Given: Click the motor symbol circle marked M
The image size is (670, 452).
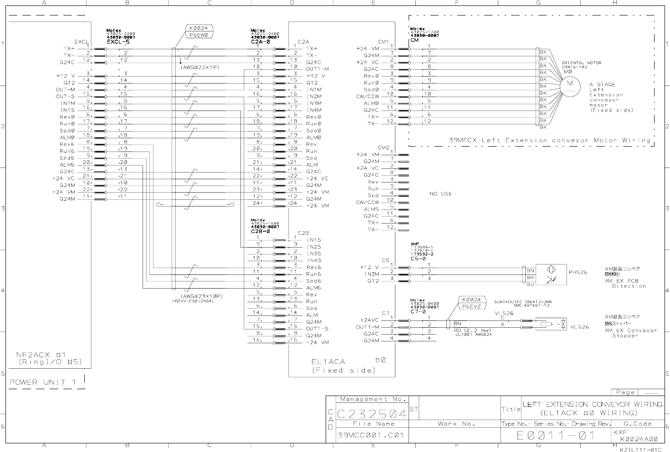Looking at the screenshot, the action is [569, 84].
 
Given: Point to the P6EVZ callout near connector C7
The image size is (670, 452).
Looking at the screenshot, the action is [471, 307].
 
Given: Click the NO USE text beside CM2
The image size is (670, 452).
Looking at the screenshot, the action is [440, 194].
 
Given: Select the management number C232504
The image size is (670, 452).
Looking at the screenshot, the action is [372, 414].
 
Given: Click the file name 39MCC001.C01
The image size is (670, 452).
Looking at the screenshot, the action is [371, 435].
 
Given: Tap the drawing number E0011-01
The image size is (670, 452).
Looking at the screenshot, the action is [555, 436].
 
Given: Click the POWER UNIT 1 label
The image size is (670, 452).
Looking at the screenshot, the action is [43, 382].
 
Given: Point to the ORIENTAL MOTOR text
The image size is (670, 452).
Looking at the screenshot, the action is [581, 63].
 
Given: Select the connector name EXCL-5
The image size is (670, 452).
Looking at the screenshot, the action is [118, 42].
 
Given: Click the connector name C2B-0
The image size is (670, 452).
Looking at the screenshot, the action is [260, 231].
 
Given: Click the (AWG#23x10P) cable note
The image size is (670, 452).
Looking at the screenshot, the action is [204, 296].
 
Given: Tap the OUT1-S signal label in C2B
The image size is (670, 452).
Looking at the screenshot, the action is [317, 329].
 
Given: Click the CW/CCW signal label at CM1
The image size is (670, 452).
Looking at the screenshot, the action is [367, 96].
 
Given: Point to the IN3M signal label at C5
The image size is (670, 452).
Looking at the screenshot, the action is [371, 274].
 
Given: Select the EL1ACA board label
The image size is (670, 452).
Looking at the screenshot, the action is [328, 362].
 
